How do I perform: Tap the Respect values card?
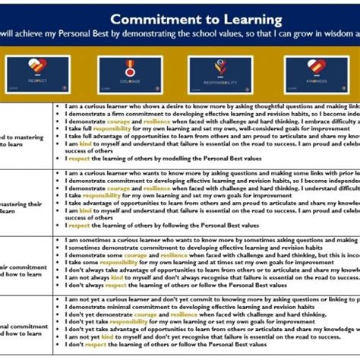click(37, 74)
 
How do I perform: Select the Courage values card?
click(130, 74)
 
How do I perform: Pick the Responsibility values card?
click(221, 74)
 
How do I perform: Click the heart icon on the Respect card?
click(37, 65)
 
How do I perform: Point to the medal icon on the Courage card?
click(130, 65)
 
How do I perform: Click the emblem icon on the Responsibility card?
click(221, 65)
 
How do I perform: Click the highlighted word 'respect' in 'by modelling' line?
click(79, 159)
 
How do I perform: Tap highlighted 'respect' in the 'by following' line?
click(79, 225)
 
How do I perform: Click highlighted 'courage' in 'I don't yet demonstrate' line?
click(145, 314)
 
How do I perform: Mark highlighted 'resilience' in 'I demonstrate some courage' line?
click(174, 255)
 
